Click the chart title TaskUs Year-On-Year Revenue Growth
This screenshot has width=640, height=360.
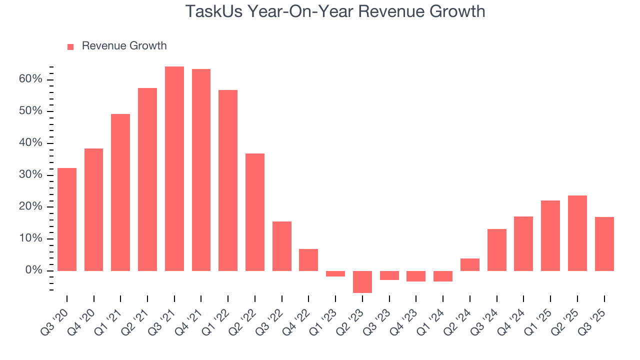tap(335, 11)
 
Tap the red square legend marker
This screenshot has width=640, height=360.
tap(70, 46)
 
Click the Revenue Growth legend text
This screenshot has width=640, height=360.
tap(124, 46)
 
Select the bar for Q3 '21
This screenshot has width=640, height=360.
tap(174, 169)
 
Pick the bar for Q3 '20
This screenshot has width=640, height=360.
tap(67, 219)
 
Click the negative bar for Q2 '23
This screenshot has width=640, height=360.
tap(362, 281)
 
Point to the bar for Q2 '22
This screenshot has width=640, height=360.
tap(255, 212)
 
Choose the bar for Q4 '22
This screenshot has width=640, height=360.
tap(308, 260)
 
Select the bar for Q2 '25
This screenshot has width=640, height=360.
tap(577, 233)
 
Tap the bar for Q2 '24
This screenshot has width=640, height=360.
tap(470, 264)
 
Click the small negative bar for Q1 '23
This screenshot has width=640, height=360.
tap(335, 273)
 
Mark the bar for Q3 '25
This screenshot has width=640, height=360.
tap(604, 244)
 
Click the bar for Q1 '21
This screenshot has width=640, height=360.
tap(120, 192)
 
